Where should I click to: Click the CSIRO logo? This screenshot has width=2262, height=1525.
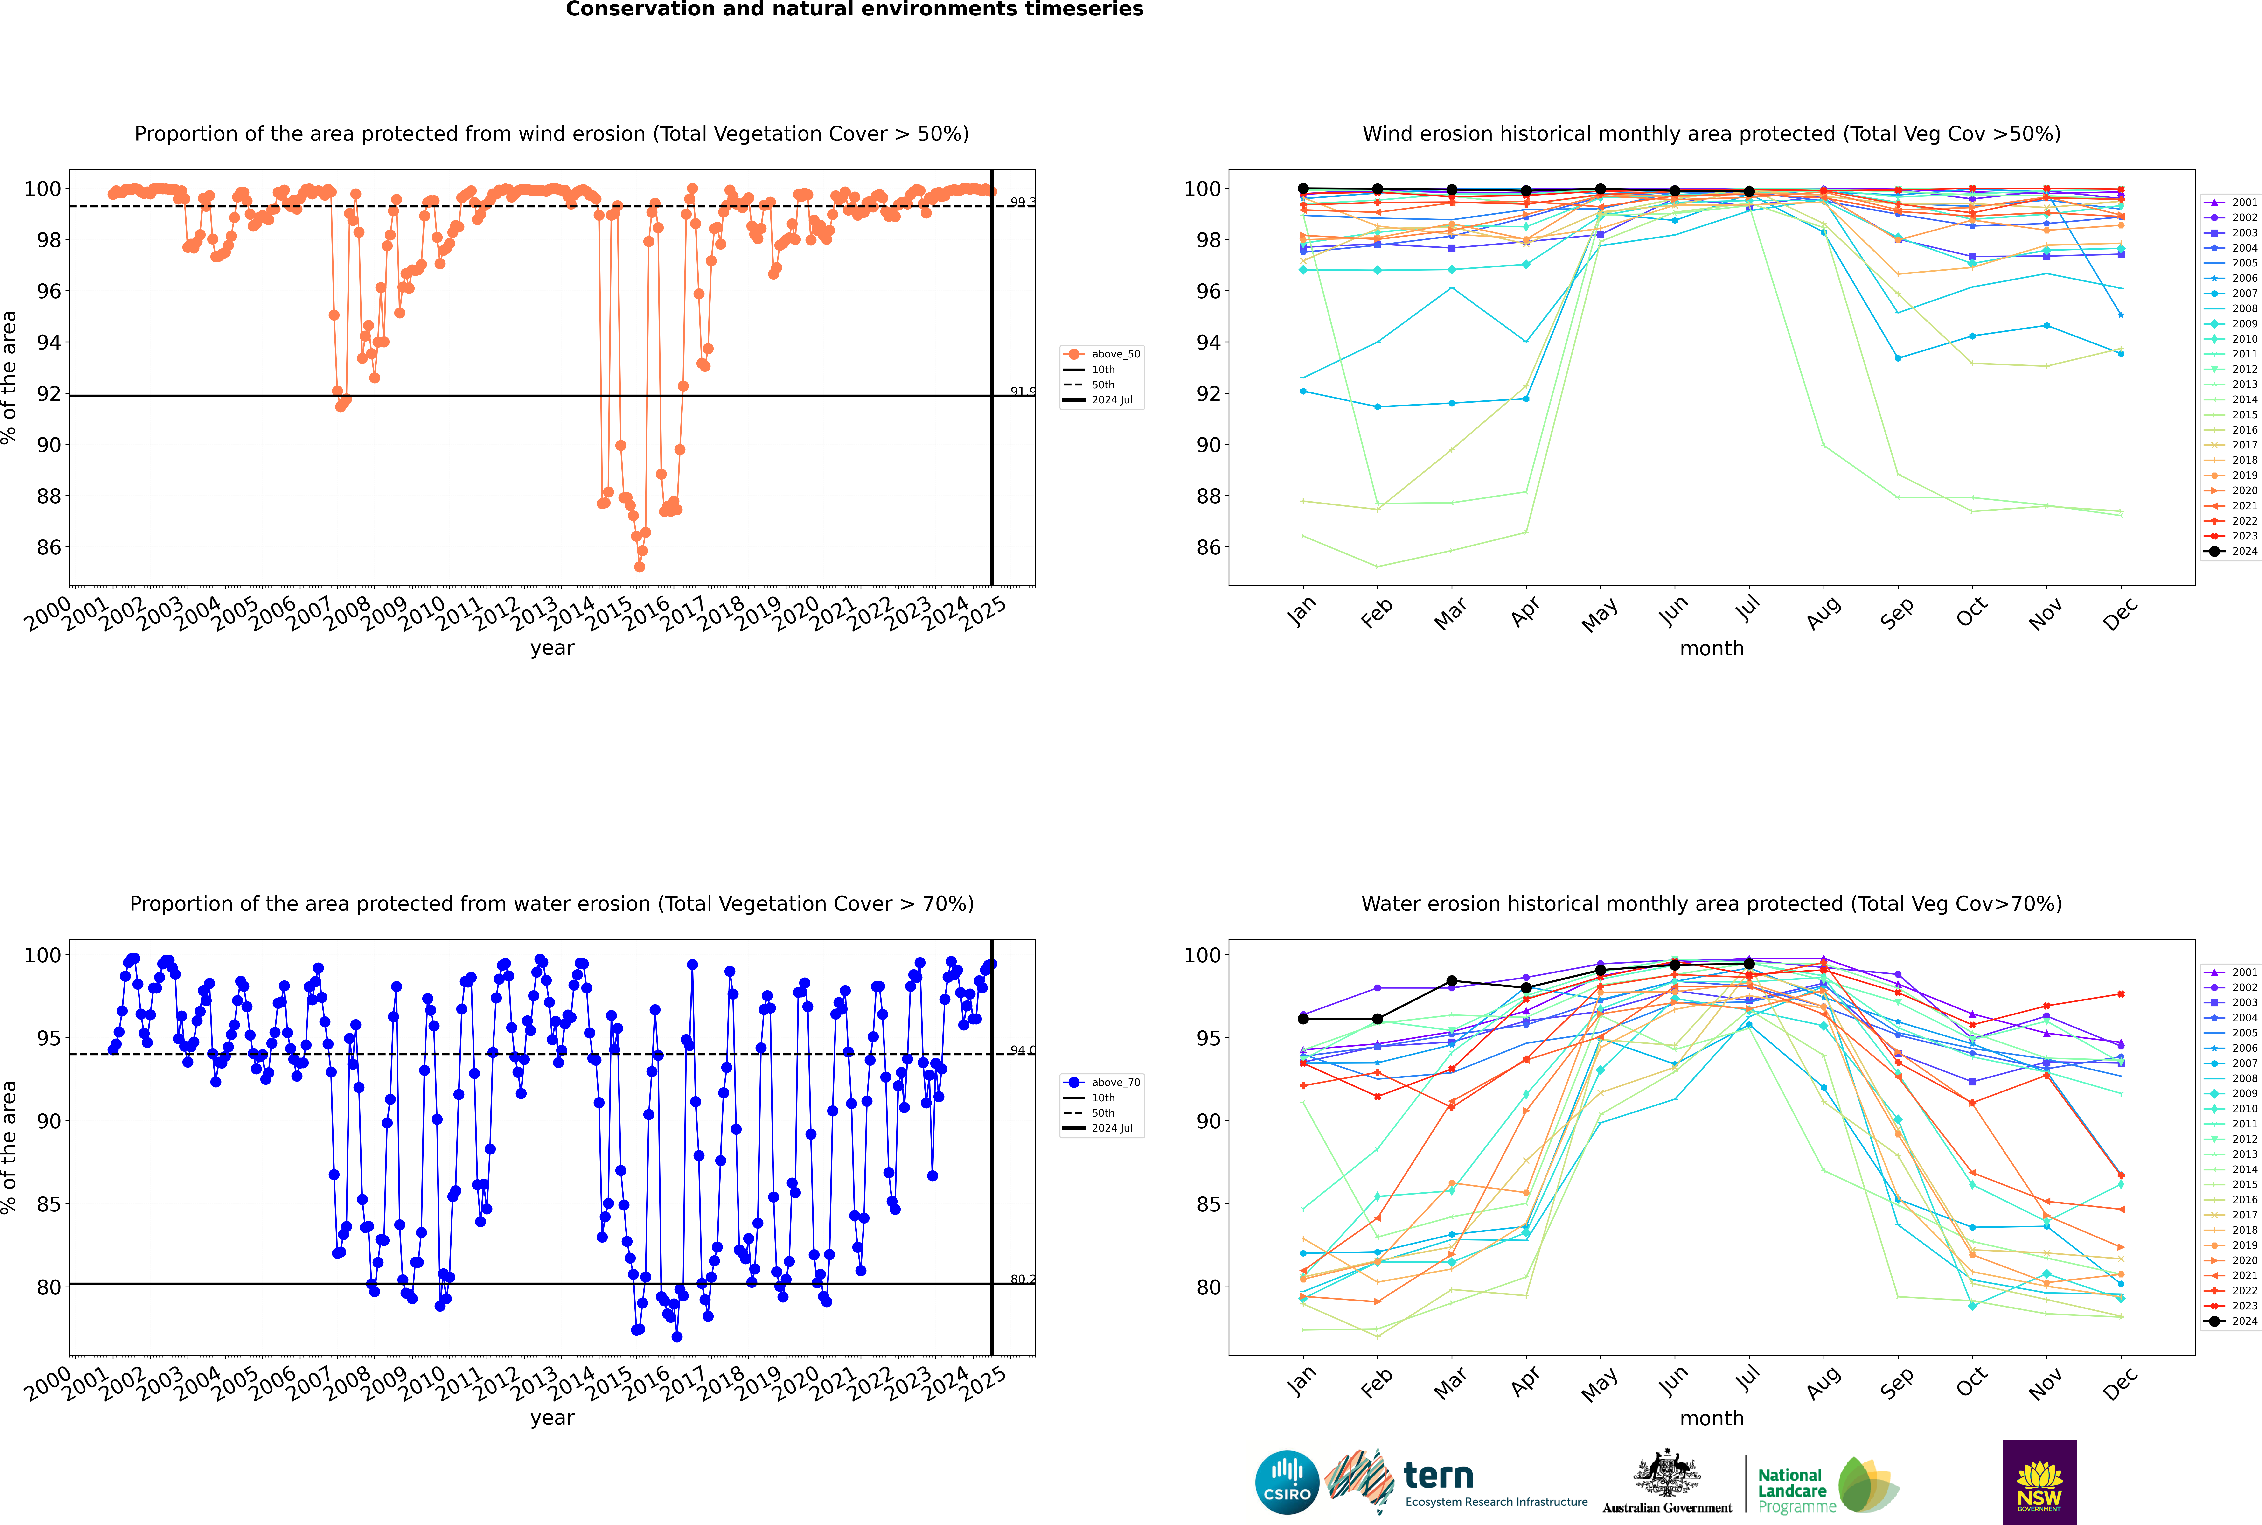pyautogui.click(x=1287, y=1482)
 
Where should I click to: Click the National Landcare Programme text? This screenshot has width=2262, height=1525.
pyautogui.click(x=1791, y=1490)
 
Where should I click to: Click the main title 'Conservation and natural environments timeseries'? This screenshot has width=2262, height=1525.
pyautogui.click(x=854, y=10)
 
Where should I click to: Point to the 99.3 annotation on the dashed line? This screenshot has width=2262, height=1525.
pyautogui.click(x=1022, y=202)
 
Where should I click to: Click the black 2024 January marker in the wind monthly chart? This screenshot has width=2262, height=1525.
pyautogui.click(x=1303, y=189)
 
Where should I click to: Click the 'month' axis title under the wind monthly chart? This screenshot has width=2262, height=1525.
pyautogui.click(x=1712, y=649)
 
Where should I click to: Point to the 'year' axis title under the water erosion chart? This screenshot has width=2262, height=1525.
pyautogui.click(x=551, y=1418)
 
